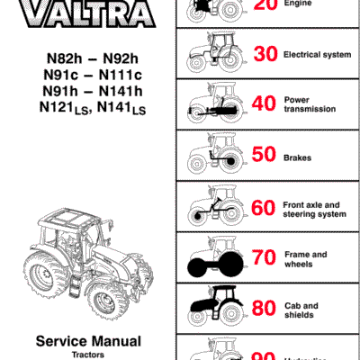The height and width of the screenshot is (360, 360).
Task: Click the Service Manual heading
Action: click(87, 341)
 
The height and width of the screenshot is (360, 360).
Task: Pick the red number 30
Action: click(264, 54)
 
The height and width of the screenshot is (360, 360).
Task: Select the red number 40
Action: click(264, 104)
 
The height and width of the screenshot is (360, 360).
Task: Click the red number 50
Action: click(264, 157)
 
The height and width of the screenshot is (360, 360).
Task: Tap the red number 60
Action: click(264, 209)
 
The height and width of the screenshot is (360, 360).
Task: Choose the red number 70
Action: click(264, 260)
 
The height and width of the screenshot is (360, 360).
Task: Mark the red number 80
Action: click(264, 310)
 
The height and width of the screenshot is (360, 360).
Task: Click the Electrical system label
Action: click(317, 55)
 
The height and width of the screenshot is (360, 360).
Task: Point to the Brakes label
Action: click(298, 157)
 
